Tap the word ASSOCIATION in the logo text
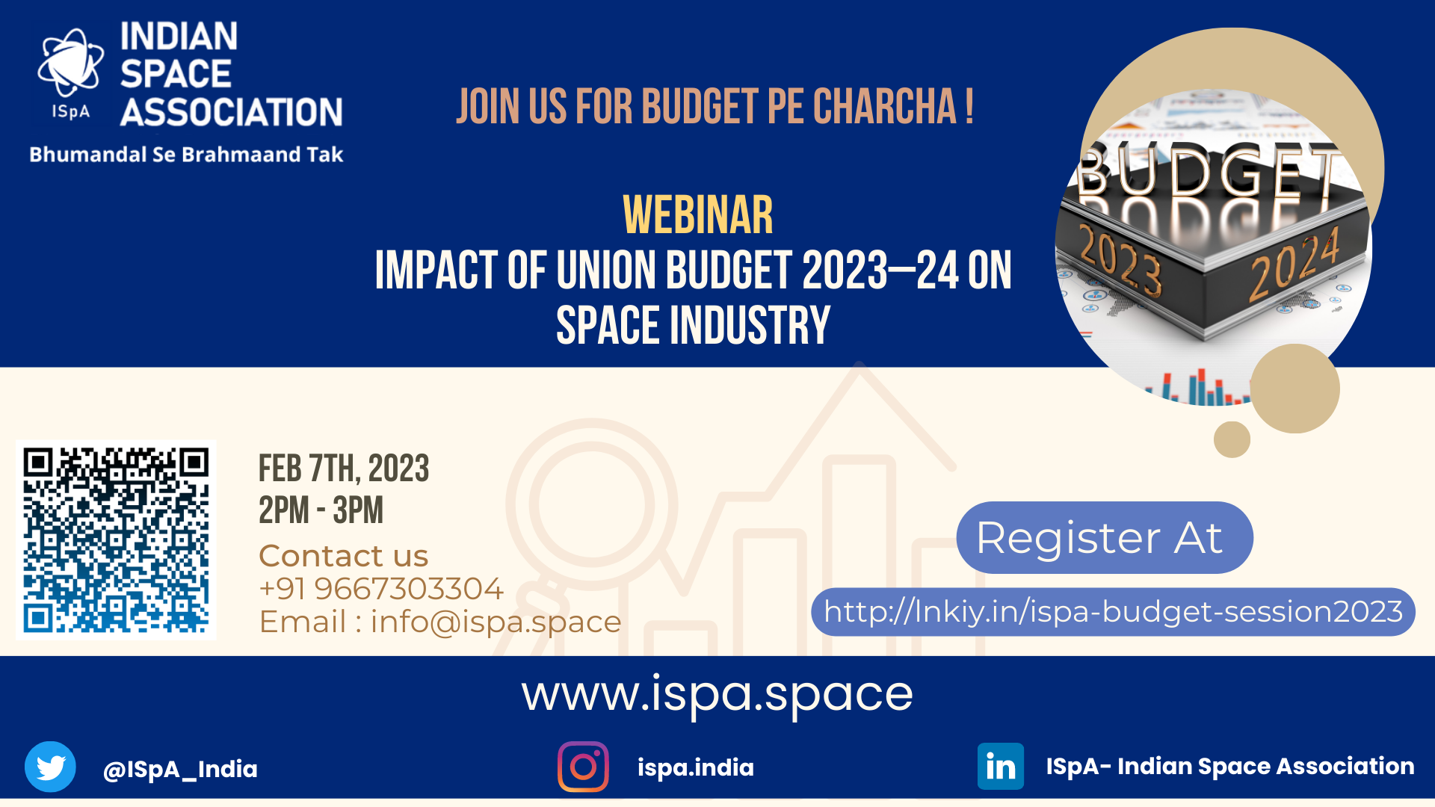pos(232,112)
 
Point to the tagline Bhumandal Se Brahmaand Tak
pos(186,155)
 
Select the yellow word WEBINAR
pos(698,215)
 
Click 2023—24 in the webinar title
pos(880,270)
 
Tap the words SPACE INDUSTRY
pos(694,326)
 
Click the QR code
pos(116,539)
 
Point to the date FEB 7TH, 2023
pos(344,469)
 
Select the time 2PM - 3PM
pos(321,510)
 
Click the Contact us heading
pos(343,556)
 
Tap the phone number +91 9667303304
pos(381,589)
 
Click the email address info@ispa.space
pos(496,622)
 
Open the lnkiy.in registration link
pos(1113,612)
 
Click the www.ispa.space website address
pos(717,695)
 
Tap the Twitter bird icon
pos(50,767)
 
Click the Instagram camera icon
pos(583,767)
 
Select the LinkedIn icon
pos(1001,766)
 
